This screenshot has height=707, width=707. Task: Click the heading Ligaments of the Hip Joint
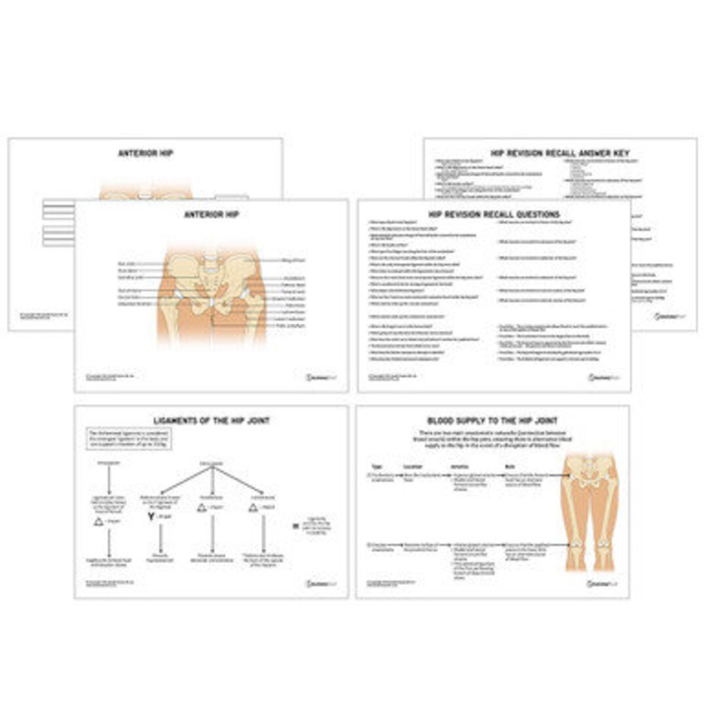click(211, 420)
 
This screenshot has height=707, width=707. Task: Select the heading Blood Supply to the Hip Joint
click(492, 420)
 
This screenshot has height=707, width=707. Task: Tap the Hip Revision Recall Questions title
click(494, 214)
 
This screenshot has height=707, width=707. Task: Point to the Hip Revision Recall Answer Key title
click(560, 153)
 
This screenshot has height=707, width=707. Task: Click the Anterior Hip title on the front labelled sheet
click(211, 214)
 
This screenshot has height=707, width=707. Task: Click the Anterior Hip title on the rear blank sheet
click(145, 153)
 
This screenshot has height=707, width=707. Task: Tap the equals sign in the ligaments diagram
click(295, 525)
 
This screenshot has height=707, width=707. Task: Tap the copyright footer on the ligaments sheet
click(105, 581)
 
